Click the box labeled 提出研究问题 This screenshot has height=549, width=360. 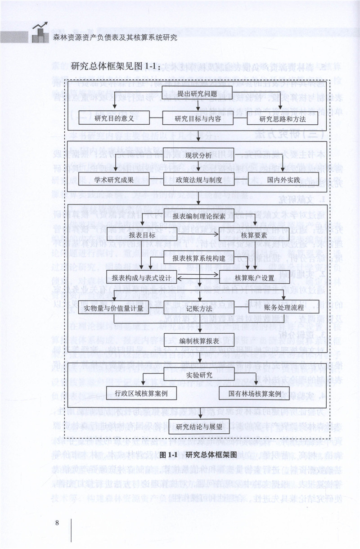point(198,94)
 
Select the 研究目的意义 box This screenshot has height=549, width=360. point(115,119)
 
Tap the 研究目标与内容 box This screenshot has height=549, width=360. point(198,119)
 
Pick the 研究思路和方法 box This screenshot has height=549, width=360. point(282,119)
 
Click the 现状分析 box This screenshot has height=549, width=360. point(198,156)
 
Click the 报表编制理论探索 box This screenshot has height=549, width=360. point(198,216)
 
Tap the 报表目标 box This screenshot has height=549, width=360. point(142,235)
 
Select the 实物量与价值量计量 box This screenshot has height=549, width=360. point(113,309)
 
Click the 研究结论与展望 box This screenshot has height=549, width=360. point(198,426)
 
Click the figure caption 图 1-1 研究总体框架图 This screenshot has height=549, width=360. point(198,454)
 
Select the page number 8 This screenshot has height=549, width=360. point(57,523)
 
